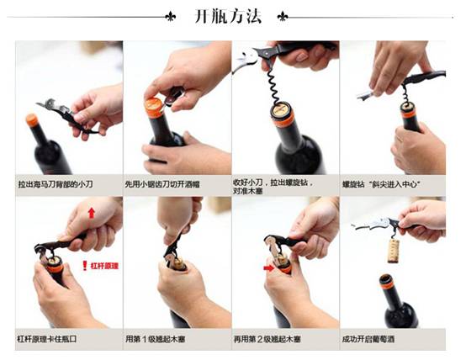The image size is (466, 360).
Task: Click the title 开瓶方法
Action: (x=228, y=16)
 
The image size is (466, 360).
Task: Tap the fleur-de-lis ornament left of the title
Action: (x=170, y=17)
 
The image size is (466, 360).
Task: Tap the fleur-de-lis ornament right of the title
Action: (x=283, y=17)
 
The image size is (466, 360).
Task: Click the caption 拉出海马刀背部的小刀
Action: (x=56, y=184)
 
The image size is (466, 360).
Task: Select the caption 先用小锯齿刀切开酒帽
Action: (x=162, y=184)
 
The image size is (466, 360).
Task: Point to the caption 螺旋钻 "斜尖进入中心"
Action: (x=381, y=184)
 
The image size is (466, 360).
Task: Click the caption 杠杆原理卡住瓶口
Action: (x=46, y=339)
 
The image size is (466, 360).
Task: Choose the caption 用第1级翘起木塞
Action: (x=155, y=339)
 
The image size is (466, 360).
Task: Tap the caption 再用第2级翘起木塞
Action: (x=267, y=339)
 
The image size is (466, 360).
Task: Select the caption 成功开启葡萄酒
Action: (x=368, y=339)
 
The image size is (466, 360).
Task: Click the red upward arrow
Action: (x=92, y=213)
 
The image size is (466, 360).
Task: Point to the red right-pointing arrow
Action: (x=269, y=268)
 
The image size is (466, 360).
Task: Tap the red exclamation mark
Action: (x=85, y=266)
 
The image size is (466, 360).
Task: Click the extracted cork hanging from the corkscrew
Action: (x=393, y=251)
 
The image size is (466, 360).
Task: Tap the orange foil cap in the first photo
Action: (x=32, y=119)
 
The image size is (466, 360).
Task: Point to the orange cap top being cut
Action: (x=153, y=103)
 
